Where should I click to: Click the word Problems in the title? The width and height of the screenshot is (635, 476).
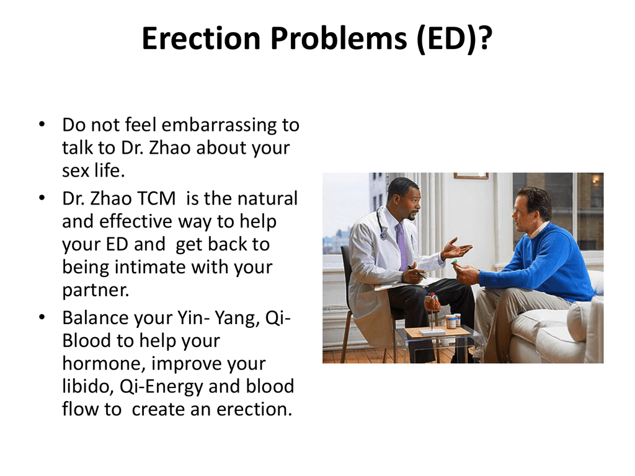[338, 39]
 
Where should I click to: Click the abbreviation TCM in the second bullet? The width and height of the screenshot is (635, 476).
[156, 198]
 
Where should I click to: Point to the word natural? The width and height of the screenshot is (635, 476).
[267, 198]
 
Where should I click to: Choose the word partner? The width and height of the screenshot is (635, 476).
[95, 291]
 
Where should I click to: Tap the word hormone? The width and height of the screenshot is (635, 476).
[104, 363]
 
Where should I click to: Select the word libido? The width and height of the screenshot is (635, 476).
[87, 386]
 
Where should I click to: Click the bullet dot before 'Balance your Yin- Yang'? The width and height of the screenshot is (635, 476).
[42, 318]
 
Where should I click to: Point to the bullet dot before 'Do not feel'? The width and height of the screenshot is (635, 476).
[42, 124]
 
